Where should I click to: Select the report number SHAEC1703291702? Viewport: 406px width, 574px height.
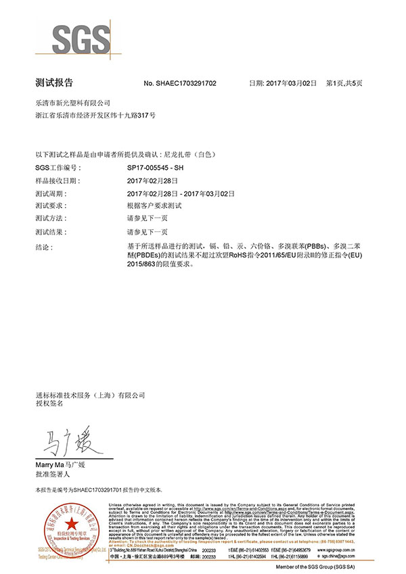(x=187, y=83)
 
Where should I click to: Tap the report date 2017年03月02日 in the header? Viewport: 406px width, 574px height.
(x=291, y=83)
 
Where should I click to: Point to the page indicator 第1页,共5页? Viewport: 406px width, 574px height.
(x=344, y=83)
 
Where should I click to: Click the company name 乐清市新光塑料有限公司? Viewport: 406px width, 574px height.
(x=72, y=103)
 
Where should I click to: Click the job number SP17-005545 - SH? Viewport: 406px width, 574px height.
(x=155, y=168)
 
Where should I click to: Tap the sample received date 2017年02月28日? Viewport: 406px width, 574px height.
(x=152, y=181)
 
